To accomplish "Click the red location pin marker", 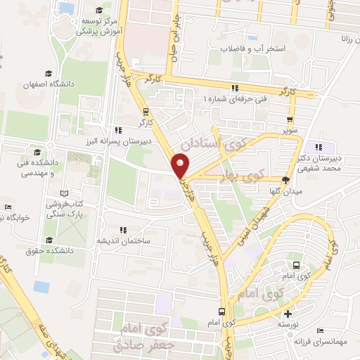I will click(181, 165).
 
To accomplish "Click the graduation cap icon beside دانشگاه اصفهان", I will click(49, 72).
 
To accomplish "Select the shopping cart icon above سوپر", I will click(290, 120).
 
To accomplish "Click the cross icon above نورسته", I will click(287, 314).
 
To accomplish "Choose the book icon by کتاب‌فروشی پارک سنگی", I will click(65, 193).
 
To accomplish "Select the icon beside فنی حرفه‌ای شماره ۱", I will click(234, 88).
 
